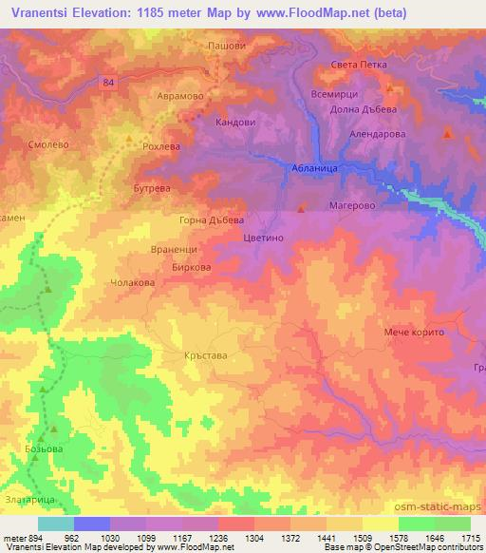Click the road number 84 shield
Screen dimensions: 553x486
pyautogui.click(x=108, y=83)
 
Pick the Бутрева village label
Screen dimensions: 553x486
pyautogui.click(x=151, y=189)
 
